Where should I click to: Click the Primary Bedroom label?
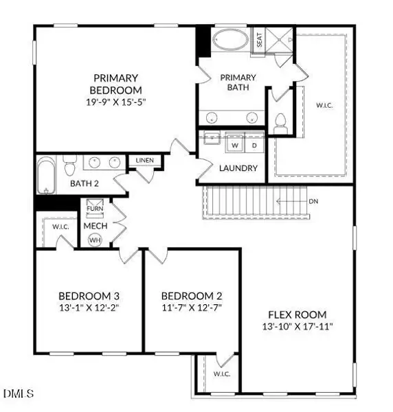pyautogui.click(x=115, y=84)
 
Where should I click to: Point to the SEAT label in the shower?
pyautogui.click(x=260, y=39)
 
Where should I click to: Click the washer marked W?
pyautogui.click(x=234, y=146)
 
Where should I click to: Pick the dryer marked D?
pyautogui.click(x=254, y=146)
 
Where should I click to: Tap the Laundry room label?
pyautogui.click(x=238, y=168)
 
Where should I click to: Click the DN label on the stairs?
pyautogui.click(x=313, y=201)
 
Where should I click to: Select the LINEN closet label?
pyautogui.click(x=145, y=161)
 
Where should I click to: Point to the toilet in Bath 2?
pyautogui.click(x=69, y=167)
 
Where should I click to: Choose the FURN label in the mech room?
pyautogui.click(x=93, y=208)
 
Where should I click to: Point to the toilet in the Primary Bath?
pyautogui.click(x=280, y=125)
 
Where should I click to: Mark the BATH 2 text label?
pyautogui.click(x=87, y=183)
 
